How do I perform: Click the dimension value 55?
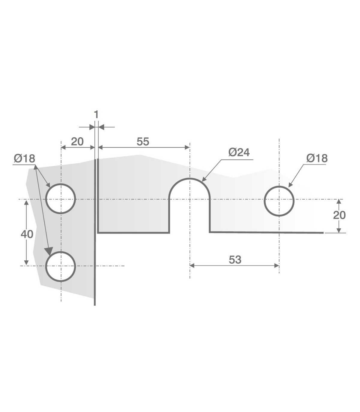143,141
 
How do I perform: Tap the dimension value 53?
235,260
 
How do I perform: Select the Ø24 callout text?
239,153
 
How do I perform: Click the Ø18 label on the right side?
317,158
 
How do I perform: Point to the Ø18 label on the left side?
24,159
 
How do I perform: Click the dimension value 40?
27,234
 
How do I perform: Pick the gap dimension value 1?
96,115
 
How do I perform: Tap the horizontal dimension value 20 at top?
77,141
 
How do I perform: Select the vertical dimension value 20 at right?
339,215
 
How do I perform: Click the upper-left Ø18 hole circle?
46,198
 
